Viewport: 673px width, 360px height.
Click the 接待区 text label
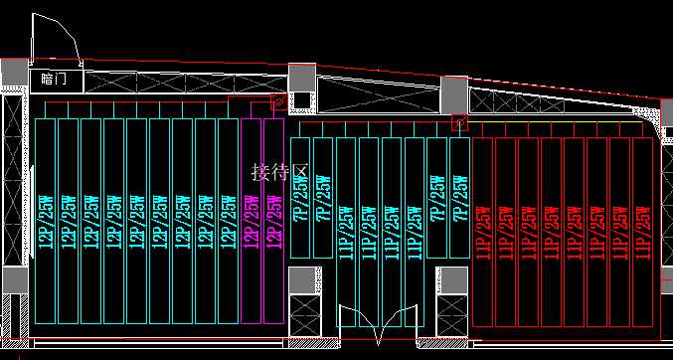pyautogui.click(x=281, y=172)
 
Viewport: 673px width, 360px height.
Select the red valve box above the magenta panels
pyautogui.click(x=279, y=101)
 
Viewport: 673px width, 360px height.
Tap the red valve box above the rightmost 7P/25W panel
pyautogui.click(x=459, y=122)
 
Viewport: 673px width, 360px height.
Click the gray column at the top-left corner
pyautogui.click(x=14, y=73)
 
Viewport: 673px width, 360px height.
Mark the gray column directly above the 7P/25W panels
pyautogui.click(x=303, y=76)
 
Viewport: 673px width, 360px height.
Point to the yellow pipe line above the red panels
pyautogui.click(x=557, y=122)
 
